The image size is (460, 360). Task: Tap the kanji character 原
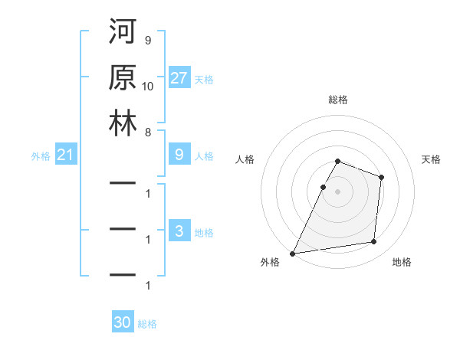[123, 78]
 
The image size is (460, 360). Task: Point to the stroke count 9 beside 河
[147, 40]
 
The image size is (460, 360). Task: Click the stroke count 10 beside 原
[149, 85]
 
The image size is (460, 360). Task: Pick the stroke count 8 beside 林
[147, 131]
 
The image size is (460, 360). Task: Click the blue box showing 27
[179, 77]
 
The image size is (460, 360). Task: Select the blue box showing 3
[179, 231]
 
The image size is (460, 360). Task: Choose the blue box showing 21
[66, 155]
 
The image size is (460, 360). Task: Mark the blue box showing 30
[123, 322]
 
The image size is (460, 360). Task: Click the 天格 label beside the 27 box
[204, 79]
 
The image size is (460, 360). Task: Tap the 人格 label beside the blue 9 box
[204, 156]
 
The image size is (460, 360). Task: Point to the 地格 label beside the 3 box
[204, 232]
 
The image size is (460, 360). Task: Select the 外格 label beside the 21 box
[41, 156]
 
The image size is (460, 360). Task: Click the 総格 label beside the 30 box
[147, 324]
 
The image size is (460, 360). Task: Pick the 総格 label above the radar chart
[337, 100]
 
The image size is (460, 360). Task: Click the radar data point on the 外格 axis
[292, 254]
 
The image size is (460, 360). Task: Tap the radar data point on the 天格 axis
[381, 177]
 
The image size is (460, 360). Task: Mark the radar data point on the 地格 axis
[374, 242]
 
